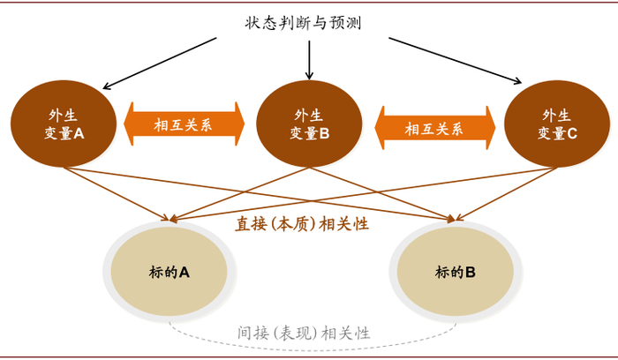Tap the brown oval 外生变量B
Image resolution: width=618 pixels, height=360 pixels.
(x=309, y=124)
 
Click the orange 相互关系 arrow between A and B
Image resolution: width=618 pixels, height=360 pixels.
(x=184, y=124)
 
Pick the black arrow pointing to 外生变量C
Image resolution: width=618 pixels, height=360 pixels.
(x=455, y=61)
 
